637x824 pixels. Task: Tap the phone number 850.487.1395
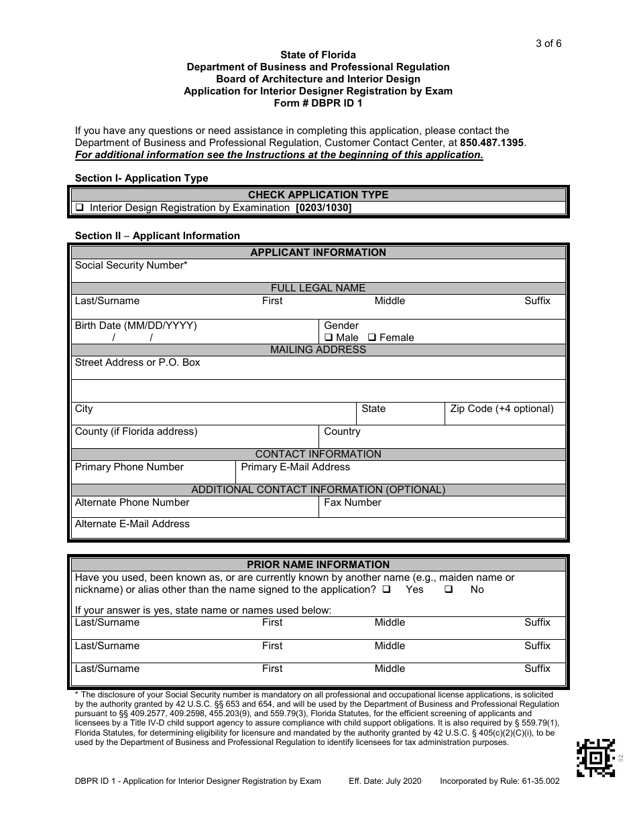pos(493,143)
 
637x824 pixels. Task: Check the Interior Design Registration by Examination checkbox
pos(80,208)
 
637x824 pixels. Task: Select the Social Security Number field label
pos(131,265)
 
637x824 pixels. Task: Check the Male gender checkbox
pos(329,338)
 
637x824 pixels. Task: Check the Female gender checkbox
pos(372,338)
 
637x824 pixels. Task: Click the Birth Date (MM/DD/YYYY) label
pos(135,326)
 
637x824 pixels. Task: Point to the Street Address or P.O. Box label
pos(137,362)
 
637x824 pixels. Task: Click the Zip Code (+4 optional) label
pos(502,409)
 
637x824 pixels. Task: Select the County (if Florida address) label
pos(136,431)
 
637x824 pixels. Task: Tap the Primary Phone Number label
pos(129,467)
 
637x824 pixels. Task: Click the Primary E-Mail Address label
pos(295,467)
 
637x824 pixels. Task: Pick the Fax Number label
pos(352,502)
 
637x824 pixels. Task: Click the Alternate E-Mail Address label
pos(132,524)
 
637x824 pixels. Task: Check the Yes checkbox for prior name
pos(387,590)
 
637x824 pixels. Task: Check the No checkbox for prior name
pos(449,590)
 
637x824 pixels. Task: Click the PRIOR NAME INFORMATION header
pos(318,565)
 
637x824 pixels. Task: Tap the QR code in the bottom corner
pos(595,757)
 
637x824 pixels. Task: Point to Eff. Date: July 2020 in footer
pos(385,781)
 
